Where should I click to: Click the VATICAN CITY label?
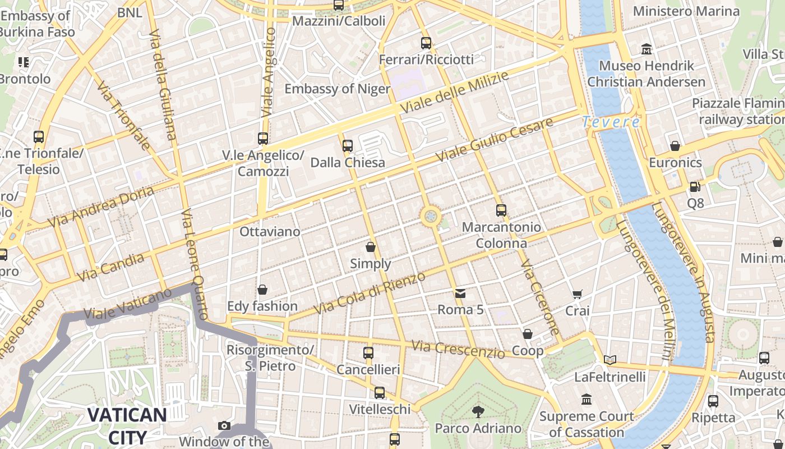(127, 426)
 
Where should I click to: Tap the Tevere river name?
(611, 122)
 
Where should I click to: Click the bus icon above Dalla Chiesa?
(348, 146)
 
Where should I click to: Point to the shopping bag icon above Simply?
(371, 247)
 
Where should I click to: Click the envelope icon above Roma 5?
(460, 293)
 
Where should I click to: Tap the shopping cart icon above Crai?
(577, 294)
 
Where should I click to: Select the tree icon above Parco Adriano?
(478, 412)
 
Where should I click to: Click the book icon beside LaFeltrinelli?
(610, 360)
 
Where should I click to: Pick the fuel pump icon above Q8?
(695, 186)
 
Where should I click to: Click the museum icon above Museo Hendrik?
(646, 49)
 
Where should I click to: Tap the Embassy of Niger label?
(337, 89)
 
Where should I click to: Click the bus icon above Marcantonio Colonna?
(501, 210)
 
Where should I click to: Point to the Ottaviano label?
(270, 231)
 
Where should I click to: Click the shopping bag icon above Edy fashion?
(262, 290)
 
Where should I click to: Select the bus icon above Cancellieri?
(368, 353)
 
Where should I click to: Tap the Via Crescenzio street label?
(458, 349)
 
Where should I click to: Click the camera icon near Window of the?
(224, 426)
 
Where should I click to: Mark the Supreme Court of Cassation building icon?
(587, 400)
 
